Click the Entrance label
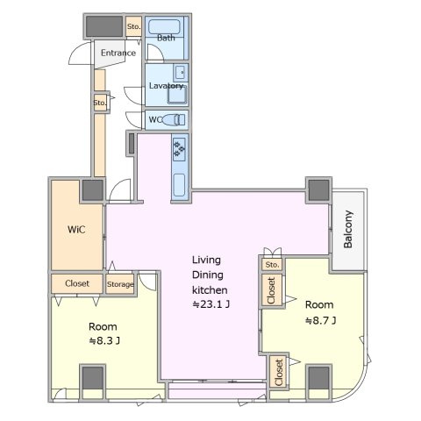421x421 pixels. point(118,53)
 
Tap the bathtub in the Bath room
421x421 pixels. point(164,27)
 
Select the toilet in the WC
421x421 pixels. point(174,120)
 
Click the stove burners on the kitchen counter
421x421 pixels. point(179,149)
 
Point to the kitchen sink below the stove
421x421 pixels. point(179,185)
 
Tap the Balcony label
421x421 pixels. point(348,229)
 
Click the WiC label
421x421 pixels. point(76,230)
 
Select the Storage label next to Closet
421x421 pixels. point(120,284)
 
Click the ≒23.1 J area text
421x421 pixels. point(210,304)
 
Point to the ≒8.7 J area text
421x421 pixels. point(321,321)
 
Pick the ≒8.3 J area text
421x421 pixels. point(104,340)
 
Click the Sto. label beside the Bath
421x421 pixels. point(133,26)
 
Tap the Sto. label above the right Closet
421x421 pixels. point(272,265)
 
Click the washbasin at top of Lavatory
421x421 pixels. point(180,73)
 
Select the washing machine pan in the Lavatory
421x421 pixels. point(177,95)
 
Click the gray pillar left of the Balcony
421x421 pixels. point(318,190)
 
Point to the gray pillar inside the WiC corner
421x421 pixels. point(93,190)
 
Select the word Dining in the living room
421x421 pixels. point(208,275)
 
